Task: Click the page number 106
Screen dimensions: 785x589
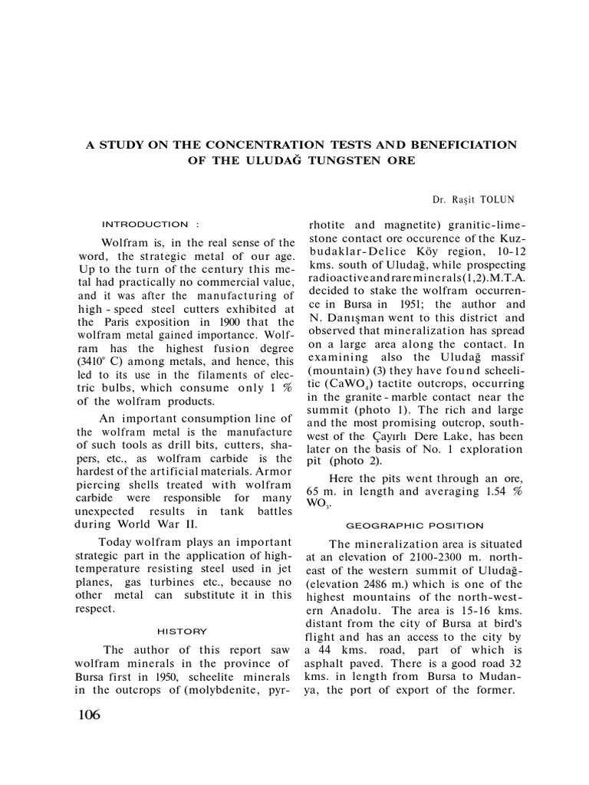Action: tap(89, 715)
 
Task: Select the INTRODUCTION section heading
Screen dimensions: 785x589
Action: tap(145, 225)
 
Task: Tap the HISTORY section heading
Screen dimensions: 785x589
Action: tap(182, 631)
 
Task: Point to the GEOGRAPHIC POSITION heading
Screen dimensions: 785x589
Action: tap(415, 525)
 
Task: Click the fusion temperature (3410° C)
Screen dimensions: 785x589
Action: tap(104, 360)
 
